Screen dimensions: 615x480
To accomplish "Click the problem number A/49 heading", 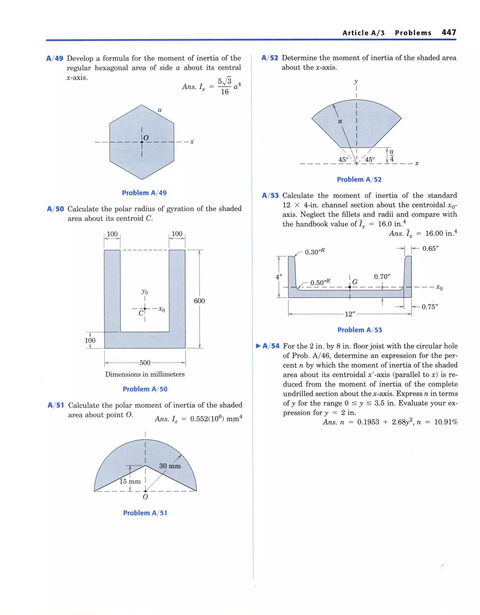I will pos(55,59).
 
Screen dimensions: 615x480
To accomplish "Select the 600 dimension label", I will pos(199,301).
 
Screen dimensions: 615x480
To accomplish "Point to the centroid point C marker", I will pos(145,309).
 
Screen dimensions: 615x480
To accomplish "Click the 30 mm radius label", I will pos(170,466).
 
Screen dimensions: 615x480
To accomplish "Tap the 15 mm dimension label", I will pos(130,481).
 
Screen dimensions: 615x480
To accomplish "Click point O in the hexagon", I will pos(142,142).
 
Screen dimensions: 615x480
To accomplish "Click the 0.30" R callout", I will pos(315,252).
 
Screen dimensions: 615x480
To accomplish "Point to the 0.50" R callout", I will pos(320,282).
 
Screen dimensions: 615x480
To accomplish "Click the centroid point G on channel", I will pos(350,287).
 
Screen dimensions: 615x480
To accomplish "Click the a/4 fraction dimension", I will pos(391,156).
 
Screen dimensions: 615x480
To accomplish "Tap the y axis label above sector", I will pos(356,82).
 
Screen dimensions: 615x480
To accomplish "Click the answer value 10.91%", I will pos(446,422).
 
